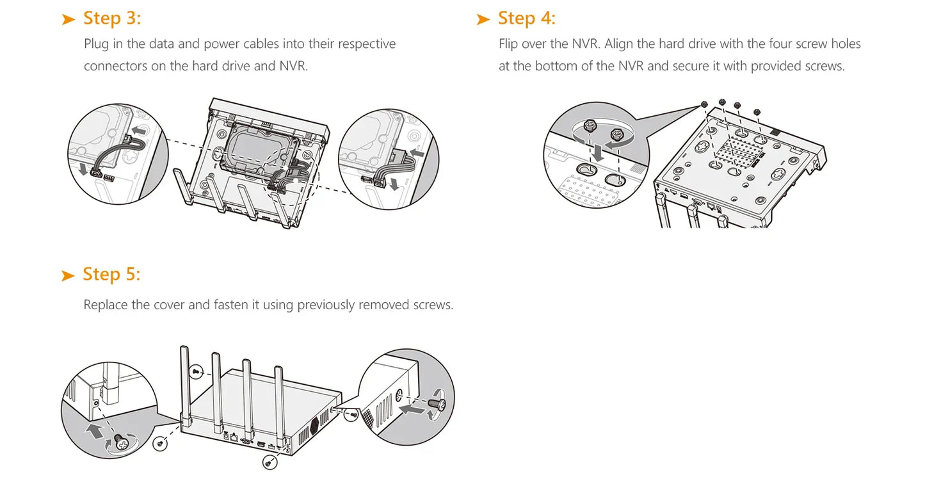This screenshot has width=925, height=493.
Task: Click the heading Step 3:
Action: tap(111, 19)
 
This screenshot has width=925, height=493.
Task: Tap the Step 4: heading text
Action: tap(526, 19)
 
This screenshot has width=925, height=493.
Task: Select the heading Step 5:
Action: tap(111, 275)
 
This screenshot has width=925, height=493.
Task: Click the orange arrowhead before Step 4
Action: tap(483, 20)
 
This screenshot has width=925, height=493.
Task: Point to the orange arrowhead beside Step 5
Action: tap(68, 276)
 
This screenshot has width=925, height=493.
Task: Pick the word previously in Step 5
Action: tap(325, 305)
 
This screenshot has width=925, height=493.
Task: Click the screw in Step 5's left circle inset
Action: tap(119, 441)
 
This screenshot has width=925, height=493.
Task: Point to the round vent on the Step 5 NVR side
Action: tap(314, 424)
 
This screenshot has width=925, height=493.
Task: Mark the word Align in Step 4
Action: tap(620, 44)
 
